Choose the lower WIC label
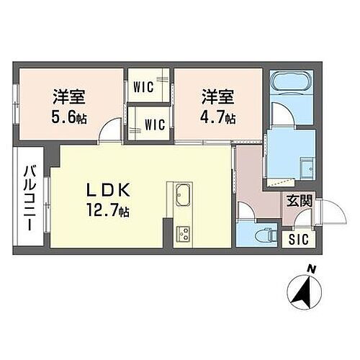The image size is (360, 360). tap(155, 124)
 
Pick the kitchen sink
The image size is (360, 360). tap(181, 194)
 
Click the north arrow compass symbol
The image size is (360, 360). tap(303, 292)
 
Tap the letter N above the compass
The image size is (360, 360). tap(311, 269)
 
